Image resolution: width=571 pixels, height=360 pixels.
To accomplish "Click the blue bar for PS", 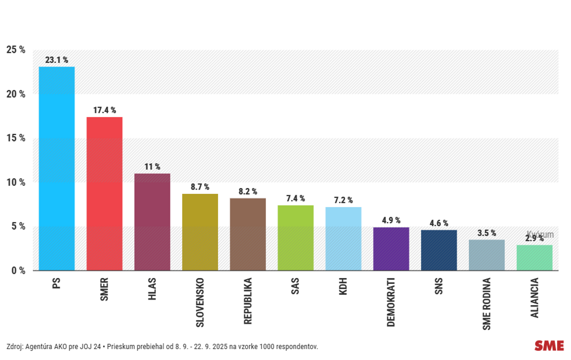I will coord(57,169).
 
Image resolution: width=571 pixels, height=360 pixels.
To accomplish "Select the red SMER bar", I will coord(104,194).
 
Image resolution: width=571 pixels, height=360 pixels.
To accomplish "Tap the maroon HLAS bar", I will coord(152,222).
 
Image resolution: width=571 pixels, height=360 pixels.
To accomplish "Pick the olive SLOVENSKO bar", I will coord(200,232).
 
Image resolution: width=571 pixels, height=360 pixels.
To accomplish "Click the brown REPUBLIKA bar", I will coord(247,234).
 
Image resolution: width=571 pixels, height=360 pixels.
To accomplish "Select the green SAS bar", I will coord(295,238).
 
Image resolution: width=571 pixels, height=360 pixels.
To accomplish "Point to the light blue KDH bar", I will coord(343,239).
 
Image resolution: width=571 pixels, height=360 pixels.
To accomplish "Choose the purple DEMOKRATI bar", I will coord(391,249).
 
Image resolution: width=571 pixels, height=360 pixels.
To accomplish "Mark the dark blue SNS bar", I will coord(439,250).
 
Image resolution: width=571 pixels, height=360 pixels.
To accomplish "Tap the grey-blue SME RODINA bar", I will coord(486,255).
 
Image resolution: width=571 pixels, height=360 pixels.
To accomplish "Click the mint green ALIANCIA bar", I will coord(534,258).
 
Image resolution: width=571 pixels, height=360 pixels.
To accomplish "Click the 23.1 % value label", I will coord(57,60).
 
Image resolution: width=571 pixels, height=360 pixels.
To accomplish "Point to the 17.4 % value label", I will coord(104,110).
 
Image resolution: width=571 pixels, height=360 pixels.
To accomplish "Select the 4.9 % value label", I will coord(391,220).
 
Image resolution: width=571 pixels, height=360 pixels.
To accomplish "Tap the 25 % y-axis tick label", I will coord(16,50).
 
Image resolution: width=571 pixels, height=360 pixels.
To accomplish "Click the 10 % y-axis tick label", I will coord(16,182).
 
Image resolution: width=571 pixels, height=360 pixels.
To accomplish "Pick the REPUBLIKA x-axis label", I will coord(247,301).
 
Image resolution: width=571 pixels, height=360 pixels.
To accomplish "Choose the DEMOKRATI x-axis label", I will coord(391,302).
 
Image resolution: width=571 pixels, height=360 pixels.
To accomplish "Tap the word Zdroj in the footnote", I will coord(15,346).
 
